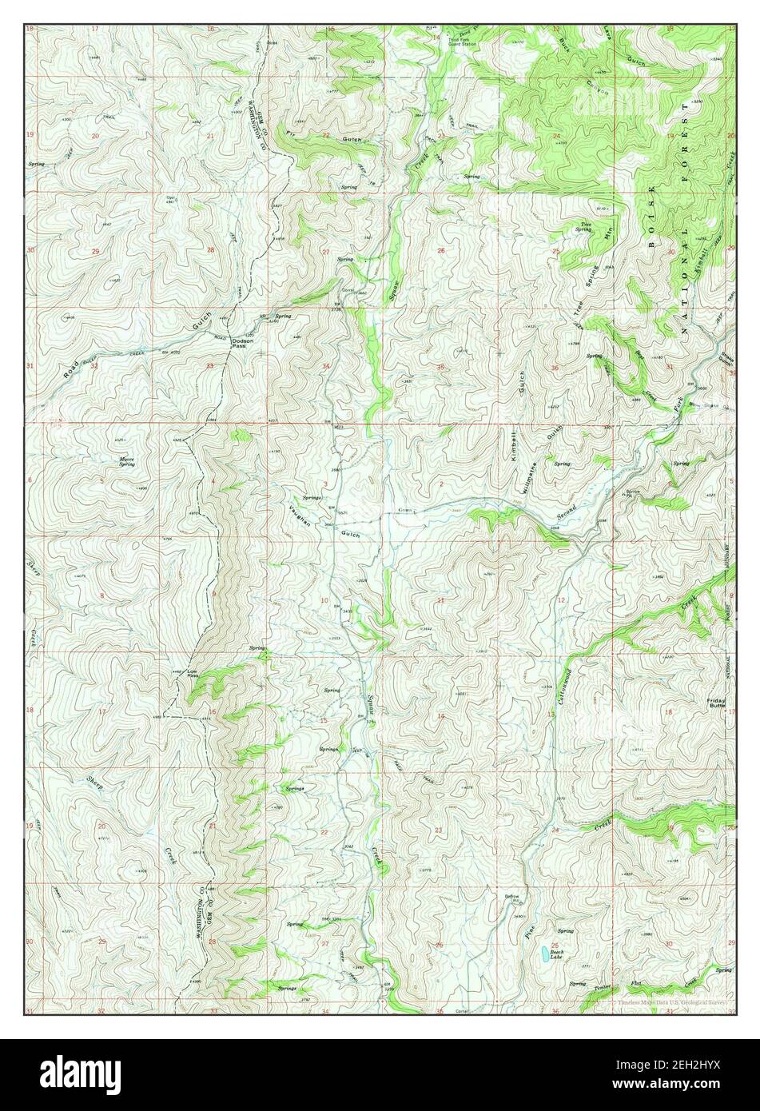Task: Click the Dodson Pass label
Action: pyautogui.click(x=243, y=343)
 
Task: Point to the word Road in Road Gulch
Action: pyautogui.click(x=74, y=370)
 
